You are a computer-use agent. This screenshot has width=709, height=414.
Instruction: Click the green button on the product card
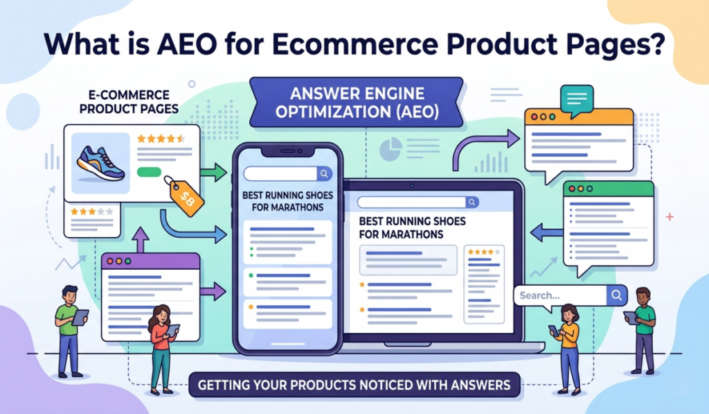pos(149,171)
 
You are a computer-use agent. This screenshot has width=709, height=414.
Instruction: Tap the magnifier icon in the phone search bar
pos(324,174)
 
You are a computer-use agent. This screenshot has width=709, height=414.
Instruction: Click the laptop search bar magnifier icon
pos(472,202)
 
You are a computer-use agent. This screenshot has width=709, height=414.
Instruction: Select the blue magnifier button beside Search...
pos(616,295)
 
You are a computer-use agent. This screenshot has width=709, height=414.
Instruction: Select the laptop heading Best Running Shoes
pos(412,227)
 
